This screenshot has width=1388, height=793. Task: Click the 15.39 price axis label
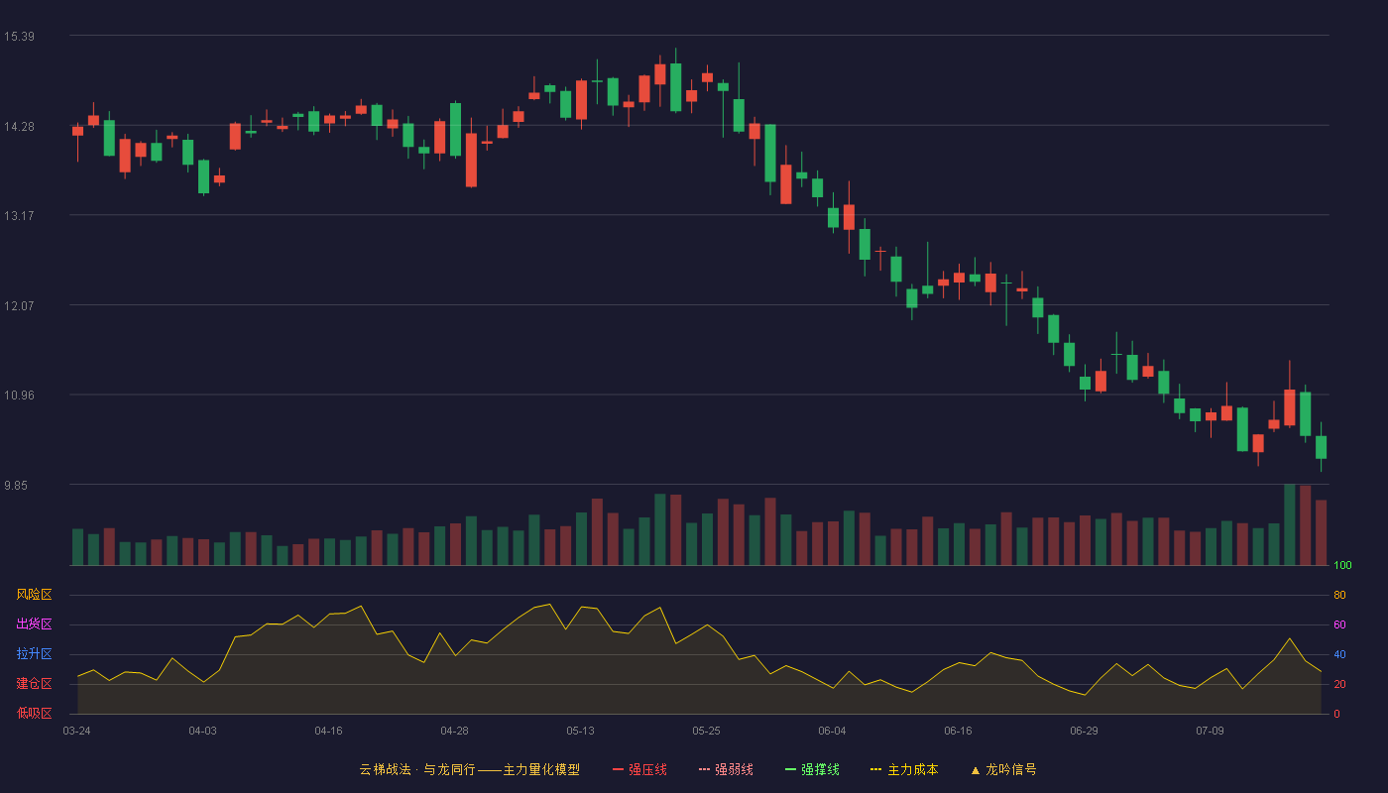(19, 37)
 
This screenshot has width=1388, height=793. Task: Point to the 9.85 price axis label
(16, 486)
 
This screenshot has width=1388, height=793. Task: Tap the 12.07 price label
(19, 306)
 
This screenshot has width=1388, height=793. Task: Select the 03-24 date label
(77, 732)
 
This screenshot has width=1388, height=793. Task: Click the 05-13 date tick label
(580, 732)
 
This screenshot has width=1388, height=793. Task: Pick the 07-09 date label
(1210, 732)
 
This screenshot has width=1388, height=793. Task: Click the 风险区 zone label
(34, 595)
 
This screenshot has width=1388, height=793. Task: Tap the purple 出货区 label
(34, 623)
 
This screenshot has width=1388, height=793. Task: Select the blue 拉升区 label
(34, 653)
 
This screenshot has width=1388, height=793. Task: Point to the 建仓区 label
(34, 683)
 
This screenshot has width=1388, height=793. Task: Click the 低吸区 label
(34, 713)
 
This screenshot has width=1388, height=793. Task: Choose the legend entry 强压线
(639, 770)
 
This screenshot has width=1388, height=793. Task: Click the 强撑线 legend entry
(812, 770)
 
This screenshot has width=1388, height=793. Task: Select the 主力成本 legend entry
(904, 770)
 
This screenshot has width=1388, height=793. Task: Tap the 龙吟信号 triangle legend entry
(1003, 770)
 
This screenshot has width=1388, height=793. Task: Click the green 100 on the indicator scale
(1342, 565)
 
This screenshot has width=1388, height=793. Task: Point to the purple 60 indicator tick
(1339, 624)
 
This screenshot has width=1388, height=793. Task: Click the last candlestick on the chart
(1321, 447)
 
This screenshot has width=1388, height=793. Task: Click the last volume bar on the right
(1321, 533)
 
